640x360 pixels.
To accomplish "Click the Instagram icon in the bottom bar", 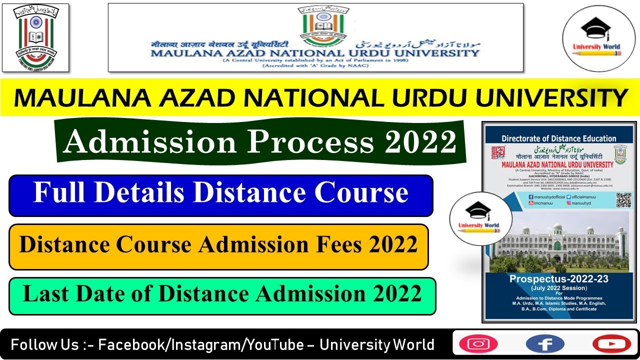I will tap(478, 344).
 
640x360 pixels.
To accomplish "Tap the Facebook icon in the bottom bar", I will tap(545, 344).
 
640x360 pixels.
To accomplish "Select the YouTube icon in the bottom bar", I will tap(611, 344).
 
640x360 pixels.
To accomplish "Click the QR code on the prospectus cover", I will tap(623, 199).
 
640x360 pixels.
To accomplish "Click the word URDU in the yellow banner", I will tap(432, 98).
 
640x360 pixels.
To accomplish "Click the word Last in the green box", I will tap(45, 293).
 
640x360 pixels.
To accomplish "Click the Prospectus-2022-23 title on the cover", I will tap(558, 279).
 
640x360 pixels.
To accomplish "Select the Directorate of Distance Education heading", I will tap(558, 138).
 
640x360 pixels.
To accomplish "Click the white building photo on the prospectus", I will tap(558, 245).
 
